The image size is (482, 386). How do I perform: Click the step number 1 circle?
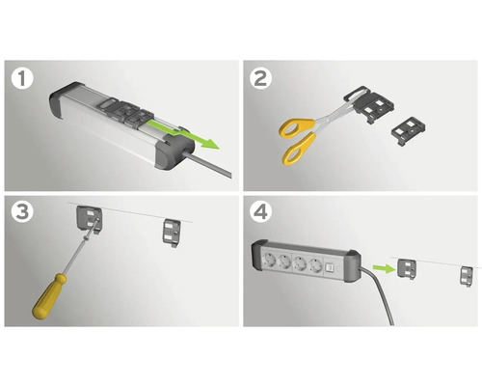pyautogui.click(x=22, y=79)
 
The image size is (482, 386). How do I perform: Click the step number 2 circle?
pyautogui.click(x=260, y=79)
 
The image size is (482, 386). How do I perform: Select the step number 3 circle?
pyautogui.click(x=22, y=212)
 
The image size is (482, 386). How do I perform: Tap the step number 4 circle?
pyautogui.click(x=260, y=212)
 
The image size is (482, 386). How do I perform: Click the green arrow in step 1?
pyautogui.click(x=183, y=133)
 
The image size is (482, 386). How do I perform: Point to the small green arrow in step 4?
pyautogui.click(x=384, y=268)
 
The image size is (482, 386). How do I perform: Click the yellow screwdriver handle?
pyautogui.click(x=49, y=296)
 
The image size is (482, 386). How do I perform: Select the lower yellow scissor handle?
pyautogui.click(x=298, y=149)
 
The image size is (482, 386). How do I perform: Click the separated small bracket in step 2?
pyautogui.click(x=409, y=131)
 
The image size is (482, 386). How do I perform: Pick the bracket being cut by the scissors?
pyautogui.click(x=369, y=104)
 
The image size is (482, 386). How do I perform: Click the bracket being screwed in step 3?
pyautogui.click(x=90, y=220)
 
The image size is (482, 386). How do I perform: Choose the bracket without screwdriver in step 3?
pyautogui.click(x=172, y=234)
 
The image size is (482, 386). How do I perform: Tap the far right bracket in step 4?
pyautogui.click(x=467, y=276)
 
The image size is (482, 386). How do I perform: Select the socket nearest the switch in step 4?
pyautogui.click(x=315, y=265)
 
